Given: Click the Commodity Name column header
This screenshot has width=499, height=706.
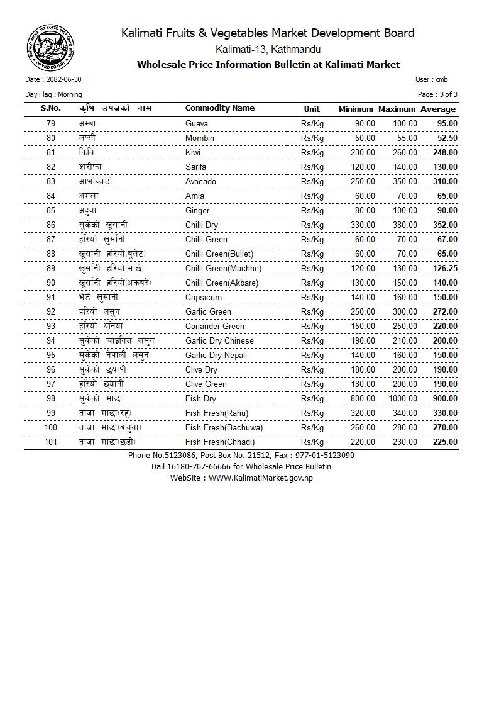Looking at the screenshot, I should tap(219, 108).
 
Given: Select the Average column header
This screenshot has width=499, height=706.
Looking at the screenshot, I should tap(438, 109).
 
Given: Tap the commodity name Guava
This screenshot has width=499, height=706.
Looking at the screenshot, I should tap(197, 124).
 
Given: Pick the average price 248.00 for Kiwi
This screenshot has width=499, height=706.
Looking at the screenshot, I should tap(445, 153).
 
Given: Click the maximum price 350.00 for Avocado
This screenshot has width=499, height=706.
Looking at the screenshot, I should tap(405, 182).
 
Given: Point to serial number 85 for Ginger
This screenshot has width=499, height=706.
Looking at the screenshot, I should tap(51, 211).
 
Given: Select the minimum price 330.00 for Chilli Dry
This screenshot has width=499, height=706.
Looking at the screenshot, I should tap(363, 225).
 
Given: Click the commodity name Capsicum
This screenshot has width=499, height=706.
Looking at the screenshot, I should tap(203, 298).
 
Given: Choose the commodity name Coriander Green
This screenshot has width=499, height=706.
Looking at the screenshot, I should tap(214, 327).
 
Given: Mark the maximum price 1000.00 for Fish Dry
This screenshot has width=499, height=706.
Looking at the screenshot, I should tap(402, 399).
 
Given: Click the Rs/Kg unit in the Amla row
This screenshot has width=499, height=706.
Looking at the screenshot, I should tap(312, 196).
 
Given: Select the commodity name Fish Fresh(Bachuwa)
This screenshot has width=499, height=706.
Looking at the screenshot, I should tap(224, 428).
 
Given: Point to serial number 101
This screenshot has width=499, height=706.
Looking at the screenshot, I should tap(51, 442).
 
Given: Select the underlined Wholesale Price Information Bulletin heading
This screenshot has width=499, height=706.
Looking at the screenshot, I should tap(268, 65).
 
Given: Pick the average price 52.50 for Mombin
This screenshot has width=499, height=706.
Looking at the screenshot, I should tap(447, 138).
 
